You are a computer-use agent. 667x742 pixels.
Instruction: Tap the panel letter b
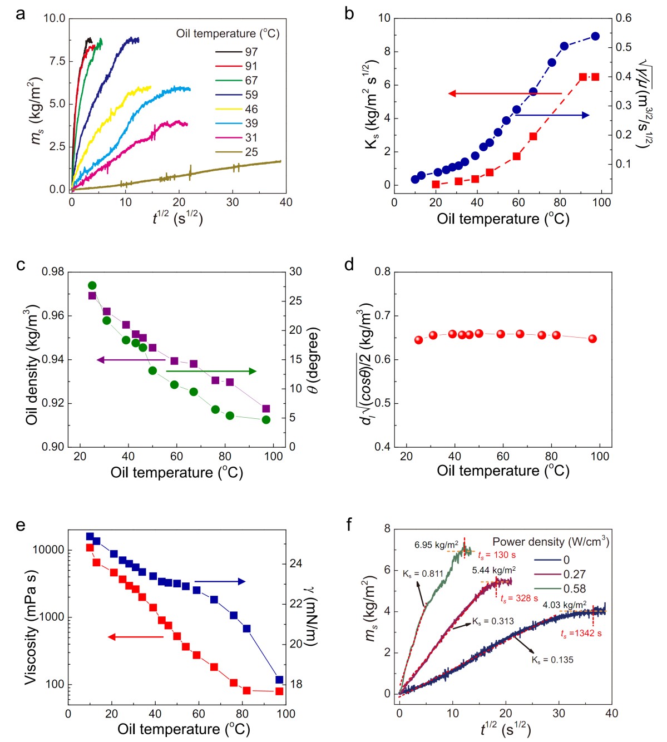349,13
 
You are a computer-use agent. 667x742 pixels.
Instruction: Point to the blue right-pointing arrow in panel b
552,115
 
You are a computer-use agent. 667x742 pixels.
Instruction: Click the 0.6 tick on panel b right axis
624,18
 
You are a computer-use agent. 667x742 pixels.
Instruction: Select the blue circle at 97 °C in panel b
595,36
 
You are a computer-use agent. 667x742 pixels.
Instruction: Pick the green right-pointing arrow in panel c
211,371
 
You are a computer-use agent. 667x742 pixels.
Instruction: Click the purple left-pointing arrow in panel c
131,360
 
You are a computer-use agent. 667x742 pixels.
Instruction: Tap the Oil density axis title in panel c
31,365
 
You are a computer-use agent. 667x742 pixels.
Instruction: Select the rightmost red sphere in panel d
592,339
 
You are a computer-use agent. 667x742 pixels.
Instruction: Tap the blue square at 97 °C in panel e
279,680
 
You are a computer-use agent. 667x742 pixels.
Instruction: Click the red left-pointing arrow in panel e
135,636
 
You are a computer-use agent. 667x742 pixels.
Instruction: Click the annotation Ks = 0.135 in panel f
552,660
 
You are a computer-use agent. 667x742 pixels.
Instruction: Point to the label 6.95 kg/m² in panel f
437,545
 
